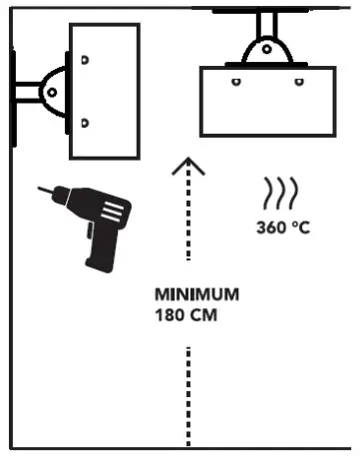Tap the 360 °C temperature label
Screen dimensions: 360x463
[283, 227]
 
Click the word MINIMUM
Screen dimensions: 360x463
[196, 295]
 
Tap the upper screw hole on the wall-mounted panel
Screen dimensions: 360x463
[85, 60]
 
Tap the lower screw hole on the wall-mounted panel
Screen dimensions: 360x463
[85, 123]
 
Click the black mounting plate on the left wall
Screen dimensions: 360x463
[14, 91]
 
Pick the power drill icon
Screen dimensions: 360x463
[90, 225]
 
